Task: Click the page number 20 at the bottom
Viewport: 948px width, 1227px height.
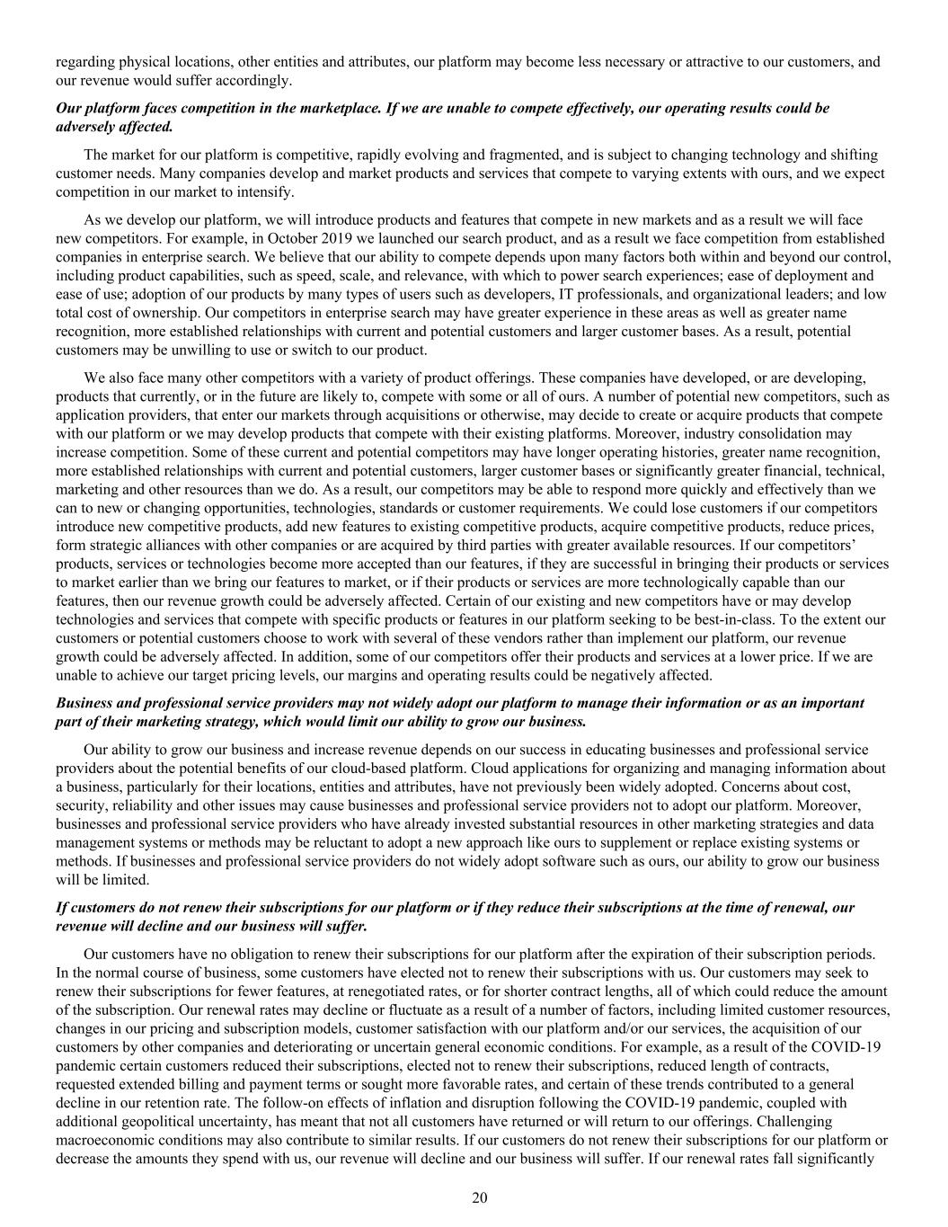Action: pyautogui.click(x=479, y=1197)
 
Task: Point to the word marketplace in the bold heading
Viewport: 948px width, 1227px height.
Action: pyautogui.click(x=314, y=108)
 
